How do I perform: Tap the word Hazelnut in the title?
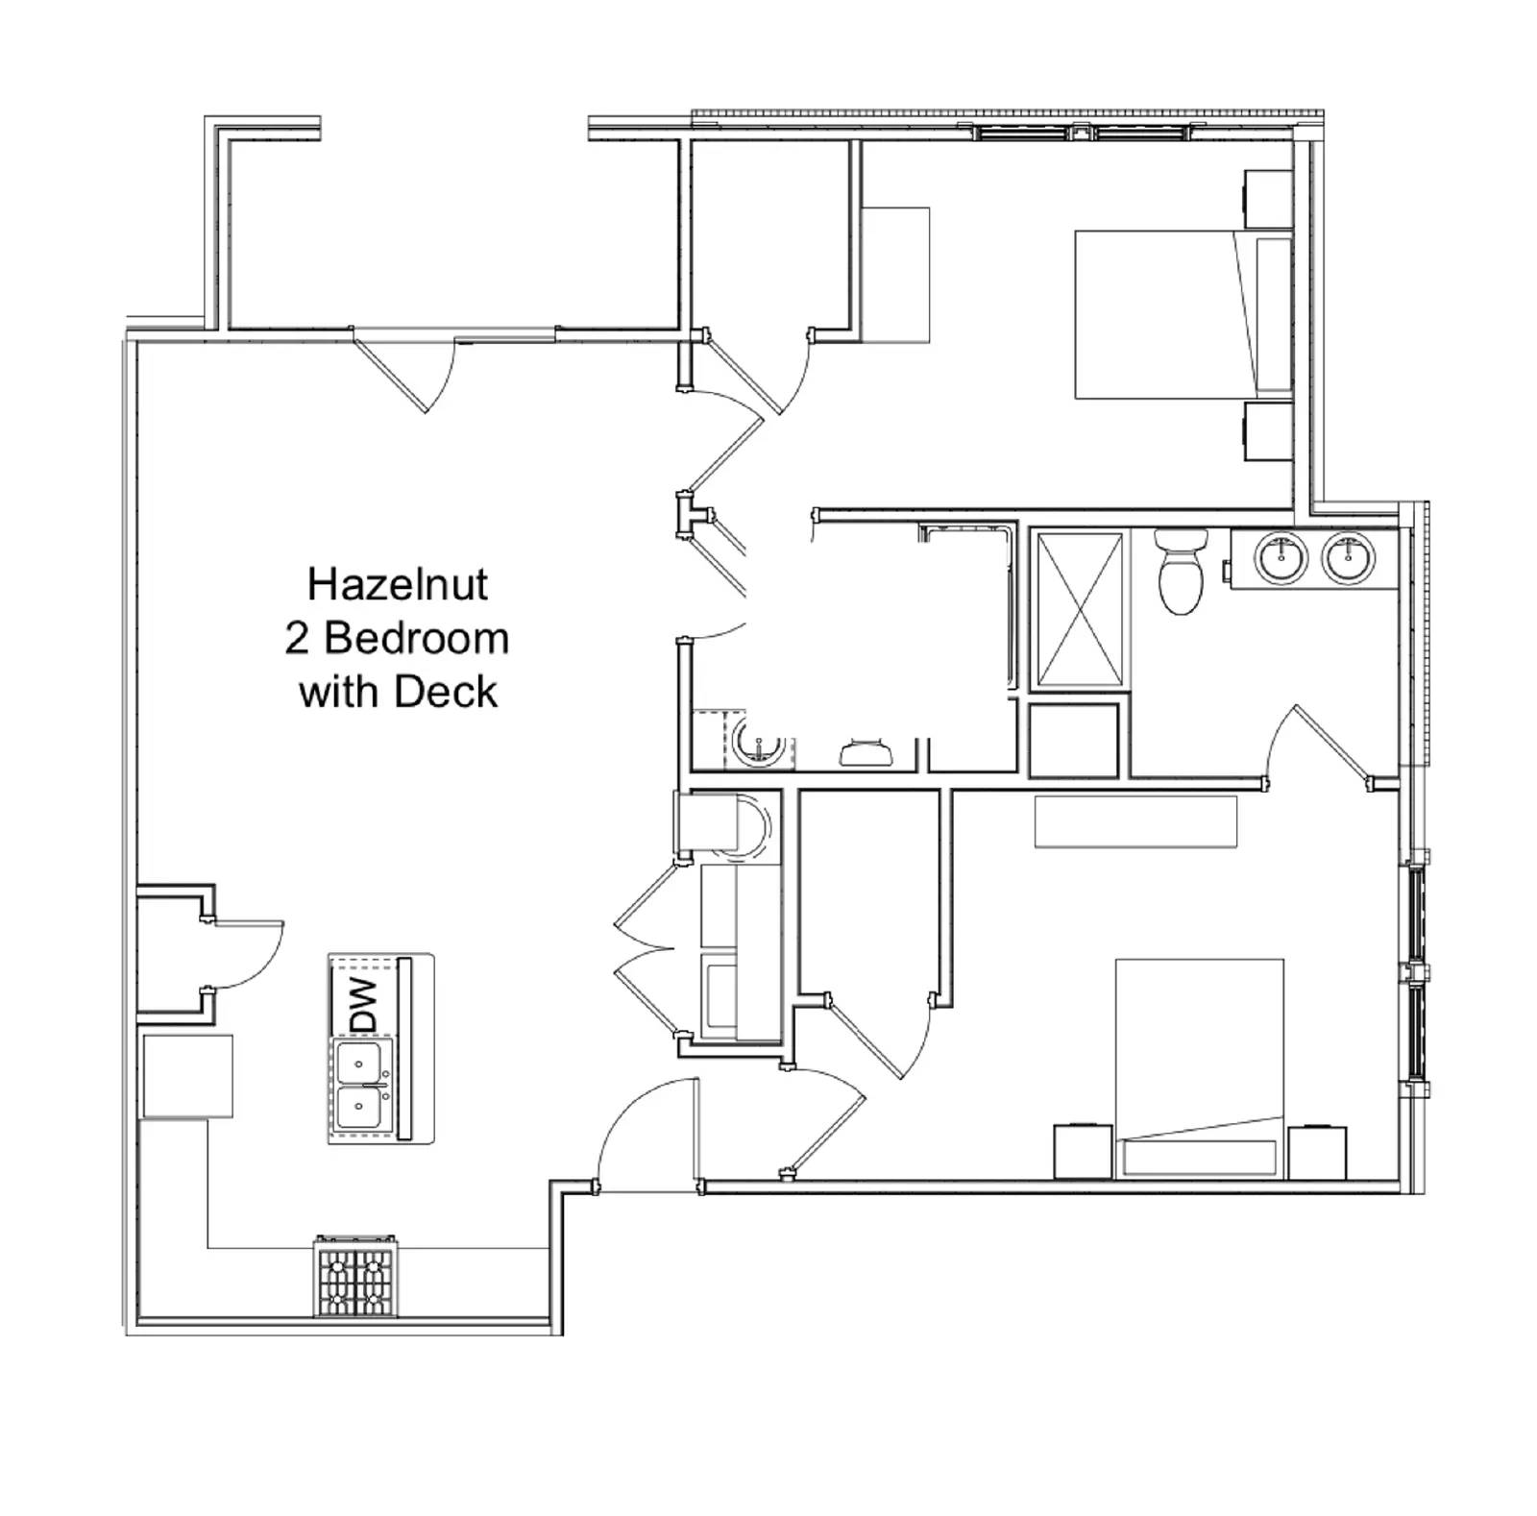point(397,584)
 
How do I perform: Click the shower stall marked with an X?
point(1081,610)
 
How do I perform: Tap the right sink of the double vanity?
point(1348,557)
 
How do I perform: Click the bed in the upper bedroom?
point(1162,314)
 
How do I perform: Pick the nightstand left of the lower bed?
point(1084,1151)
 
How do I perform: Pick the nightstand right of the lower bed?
point(1317,1151)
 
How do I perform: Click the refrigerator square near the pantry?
point(187,1076)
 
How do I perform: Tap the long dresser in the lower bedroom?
point(1134,821)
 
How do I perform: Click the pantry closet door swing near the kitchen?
point(245,956)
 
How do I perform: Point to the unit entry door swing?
point(644,1134)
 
